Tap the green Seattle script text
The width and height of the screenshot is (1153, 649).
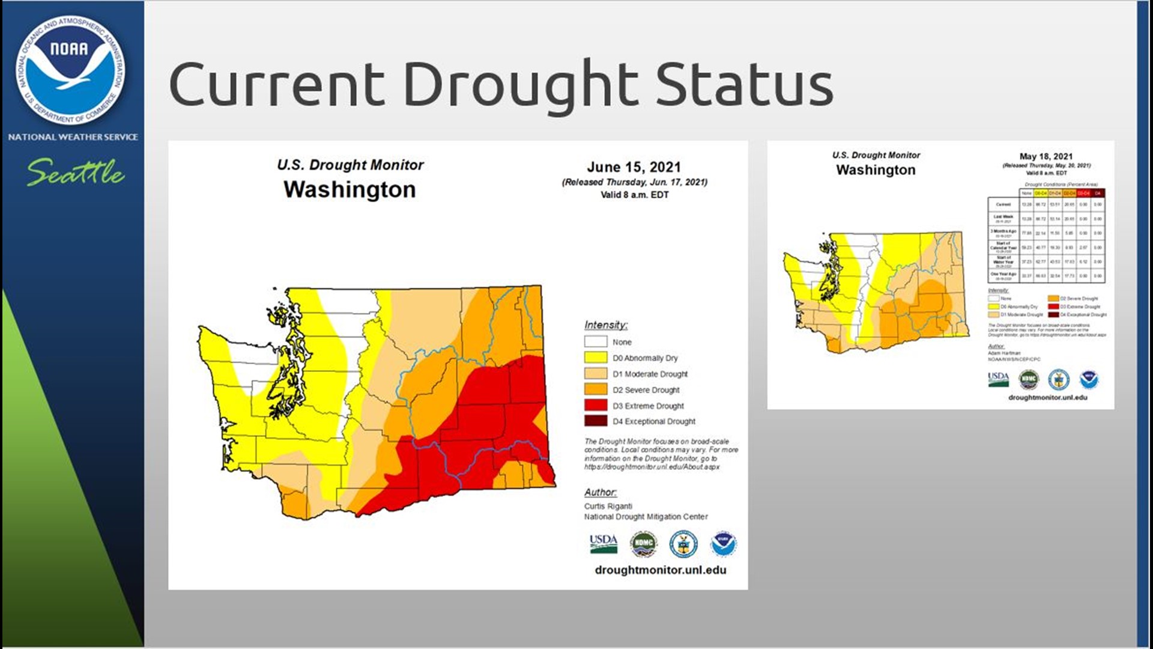pos(76,172)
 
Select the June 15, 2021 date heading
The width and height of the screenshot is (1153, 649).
pos(634,167)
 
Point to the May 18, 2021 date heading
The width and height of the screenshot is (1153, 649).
pos(1046,156)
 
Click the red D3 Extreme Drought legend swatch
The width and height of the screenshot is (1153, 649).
pos(595,406)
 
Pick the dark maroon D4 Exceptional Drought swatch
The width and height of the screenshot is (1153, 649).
pos(595,421)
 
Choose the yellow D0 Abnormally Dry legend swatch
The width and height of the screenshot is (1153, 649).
pos(595,358)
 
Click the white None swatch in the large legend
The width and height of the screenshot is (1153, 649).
pos(595,342)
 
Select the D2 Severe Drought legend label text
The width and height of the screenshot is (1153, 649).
pos(646,390)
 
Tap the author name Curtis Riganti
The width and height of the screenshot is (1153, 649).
pos(608,506)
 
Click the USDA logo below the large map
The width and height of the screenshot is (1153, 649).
pos(603,543)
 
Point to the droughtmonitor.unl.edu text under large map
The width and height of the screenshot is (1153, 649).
pos(660,570)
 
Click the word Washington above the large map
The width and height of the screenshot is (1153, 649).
pos(350,190)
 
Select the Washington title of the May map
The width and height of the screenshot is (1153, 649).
pos(876,170)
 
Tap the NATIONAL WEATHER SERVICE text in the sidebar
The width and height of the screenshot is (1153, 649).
pos(73,137)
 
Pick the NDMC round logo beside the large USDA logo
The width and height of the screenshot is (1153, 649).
pos(643,544)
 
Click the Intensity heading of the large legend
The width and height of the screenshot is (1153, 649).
pos(605,325)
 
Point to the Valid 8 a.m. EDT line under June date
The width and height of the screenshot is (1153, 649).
pos(634,195)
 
